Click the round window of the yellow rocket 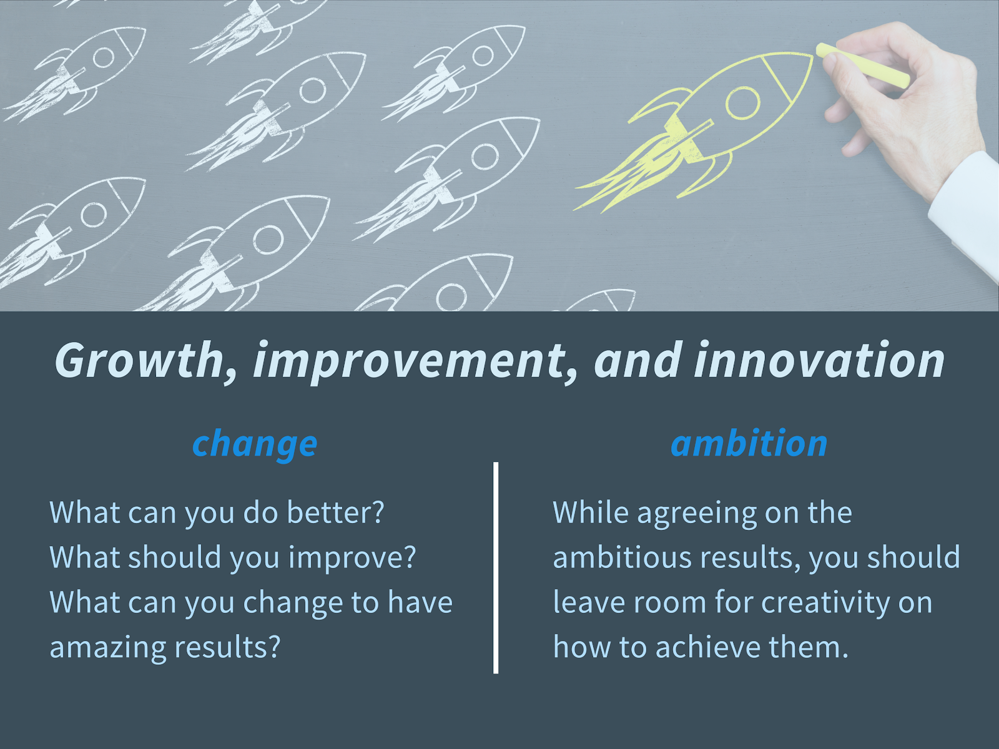point(743,103)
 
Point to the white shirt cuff point(965,213)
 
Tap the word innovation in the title point(819,360)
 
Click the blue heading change point(255,444)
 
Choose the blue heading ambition point(749,443)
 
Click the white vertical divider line point(496,567)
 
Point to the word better point(336,512)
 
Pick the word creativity point(825,603)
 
